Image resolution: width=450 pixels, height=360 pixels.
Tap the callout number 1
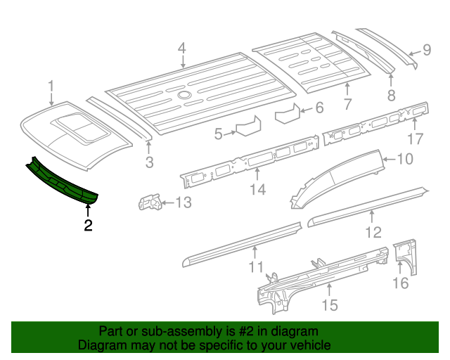51,86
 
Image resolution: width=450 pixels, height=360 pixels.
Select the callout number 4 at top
181,49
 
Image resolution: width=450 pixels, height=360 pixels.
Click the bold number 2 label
88,226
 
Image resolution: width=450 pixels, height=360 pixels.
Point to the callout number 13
183,204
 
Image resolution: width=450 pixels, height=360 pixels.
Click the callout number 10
405,160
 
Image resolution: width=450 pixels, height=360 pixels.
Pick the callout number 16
400,283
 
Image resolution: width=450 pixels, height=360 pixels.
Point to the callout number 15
329,304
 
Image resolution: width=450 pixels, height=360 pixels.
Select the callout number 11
256,267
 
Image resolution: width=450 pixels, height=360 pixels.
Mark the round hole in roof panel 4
184,94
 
